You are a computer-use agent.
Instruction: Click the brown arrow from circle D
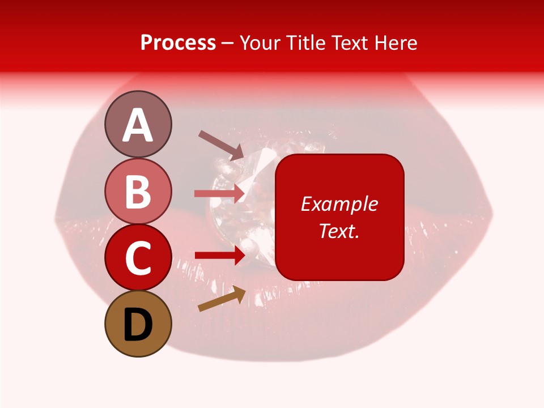222,299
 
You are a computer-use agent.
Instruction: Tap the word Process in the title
178,43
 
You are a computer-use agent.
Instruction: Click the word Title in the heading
304,43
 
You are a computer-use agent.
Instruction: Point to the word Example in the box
339,204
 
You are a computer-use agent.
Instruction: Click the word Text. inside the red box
339,231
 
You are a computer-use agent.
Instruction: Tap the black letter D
138,325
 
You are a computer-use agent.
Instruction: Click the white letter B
138,192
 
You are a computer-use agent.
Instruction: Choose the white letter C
138,258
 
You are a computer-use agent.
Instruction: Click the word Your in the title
260,43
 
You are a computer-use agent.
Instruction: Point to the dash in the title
228,44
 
